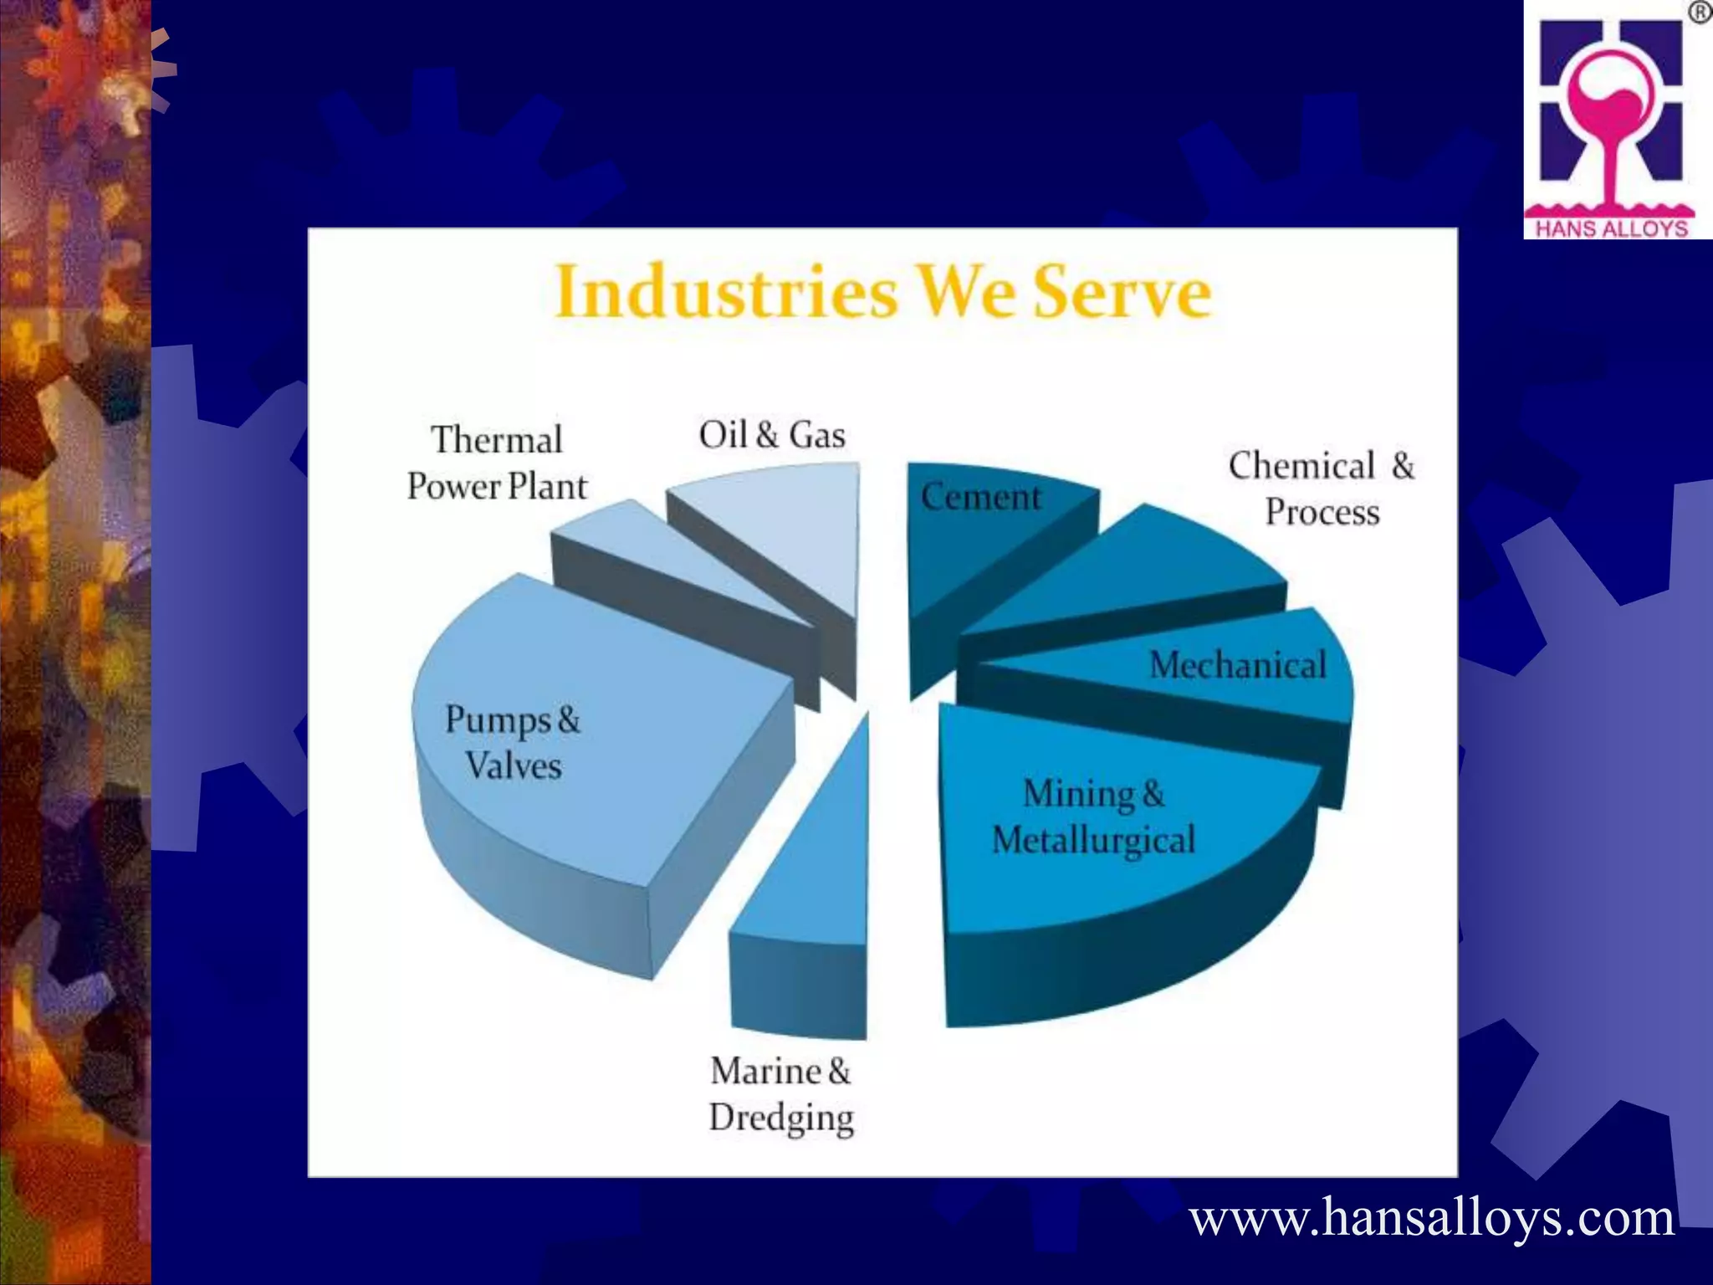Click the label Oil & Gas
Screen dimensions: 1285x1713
click(771, 435)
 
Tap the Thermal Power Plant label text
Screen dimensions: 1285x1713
click(497, 463)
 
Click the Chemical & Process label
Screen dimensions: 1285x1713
click(1322, 489)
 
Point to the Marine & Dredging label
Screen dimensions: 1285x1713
click(780, 1094)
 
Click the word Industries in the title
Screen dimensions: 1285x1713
click(726, 291)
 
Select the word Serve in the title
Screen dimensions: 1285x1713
click(1122, 291)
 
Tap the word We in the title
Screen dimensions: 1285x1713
click(966, 291)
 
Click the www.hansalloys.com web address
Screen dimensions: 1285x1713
click(1432, 1218)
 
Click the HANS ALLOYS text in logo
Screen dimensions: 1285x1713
click(1612, 228)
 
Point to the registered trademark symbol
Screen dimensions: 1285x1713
click(1699, 13)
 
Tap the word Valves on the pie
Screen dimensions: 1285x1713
click(513, 765)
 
